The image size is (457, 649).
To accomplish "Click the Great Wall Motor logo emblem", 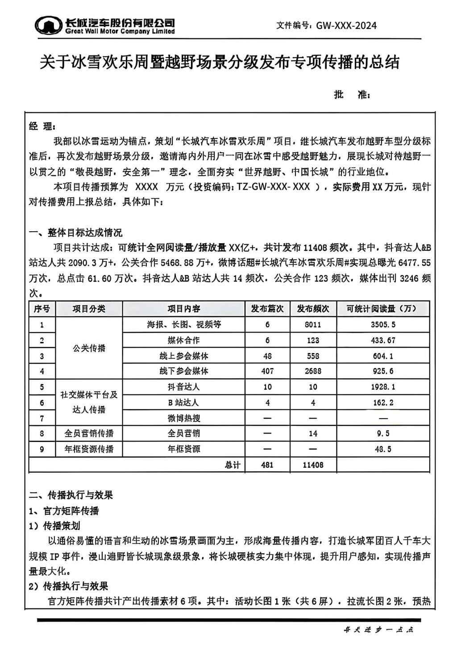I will point(48,26).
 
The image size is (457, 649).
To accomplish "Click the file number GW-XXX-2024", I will point(346,25).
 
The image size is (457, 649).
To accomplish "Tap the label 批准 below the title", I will point(351,95).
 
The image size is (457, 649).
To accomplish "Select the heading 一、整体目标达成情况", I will point(75,233).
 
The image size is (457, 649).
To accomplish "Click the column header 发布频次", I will point(313,308).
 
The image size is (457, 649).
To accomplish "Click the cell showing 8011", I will point(313,324).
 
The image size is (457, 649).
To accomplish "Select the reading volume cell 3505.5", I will point(383,324).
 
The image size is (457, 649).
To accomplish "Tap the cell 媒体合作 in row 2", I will point(184,340).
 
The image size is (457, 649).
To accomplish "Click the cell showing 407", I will point(267,371).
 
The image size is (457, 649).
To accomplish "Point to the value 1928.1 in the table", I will point(383,387).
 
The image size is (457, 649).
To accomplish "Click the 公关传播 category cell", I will point(89,348).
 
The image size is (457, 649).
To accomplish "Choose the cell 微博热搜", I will point(184,418).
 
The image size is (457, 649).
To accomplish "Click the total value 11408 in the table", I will point(313,465).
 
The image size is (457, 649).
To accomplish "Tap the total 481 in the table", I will point(267,465).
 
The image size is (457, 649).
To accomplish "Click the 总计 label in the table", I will point(233,465).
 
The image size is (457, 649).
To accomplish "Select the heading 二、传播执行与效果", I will point(71,495).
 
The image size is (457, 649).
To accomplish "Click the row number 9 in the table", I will point(42,449).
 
